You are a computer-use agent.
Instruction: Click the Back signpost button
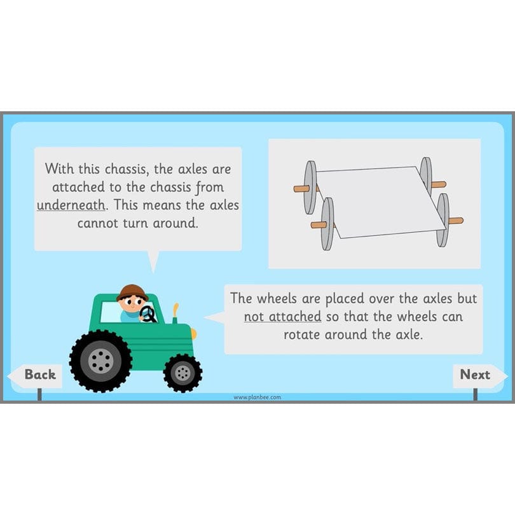(39, 375)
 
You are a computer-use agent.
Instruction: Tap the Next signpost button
(475, 375)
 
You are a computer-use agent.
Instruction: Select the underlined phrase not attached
(282, 316)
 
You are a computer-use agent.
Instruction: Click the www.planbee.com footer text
(257, 397)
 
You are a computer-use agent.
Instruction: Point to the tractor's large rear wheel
(100, 360)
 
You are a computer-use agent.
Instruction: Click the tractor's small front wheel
(182, 373)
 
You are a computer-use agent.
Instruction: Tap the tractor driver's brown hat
(132, 292)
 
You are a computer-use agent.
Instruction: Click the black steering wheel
(148, 314)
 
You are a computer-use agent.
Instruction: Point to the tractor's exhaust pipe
(175, 312)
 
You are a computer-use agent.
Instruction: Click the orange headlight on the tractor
(193, 334)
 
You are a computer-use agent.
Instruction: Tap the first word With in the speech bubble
(59, 170)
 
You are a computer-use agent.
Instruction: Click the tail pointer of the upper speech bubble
(153, 260)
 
